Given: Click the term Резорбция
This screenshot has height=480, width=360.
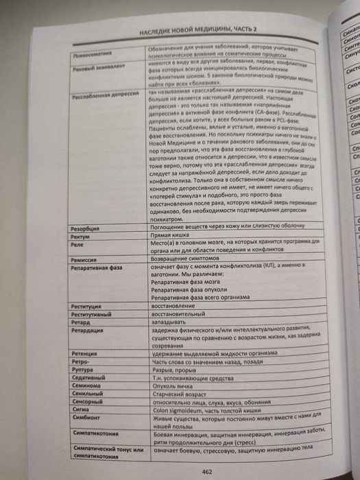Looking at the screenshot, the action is (86, 226).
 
